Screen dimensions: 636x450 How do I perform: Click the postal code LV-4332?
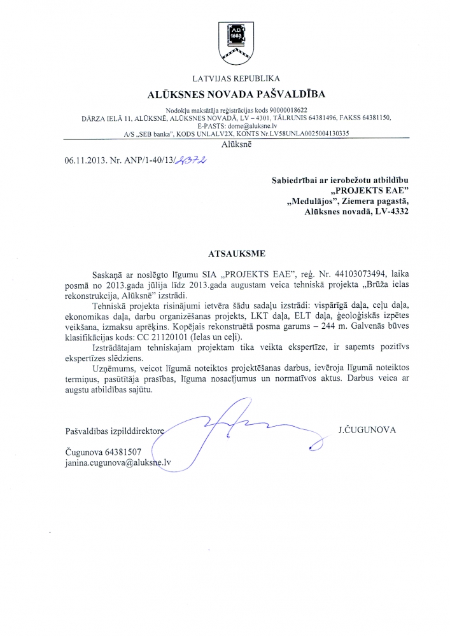[x=390, y=213]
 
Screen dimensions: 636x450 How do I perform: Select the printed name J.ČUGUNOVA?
[x=367, y=430]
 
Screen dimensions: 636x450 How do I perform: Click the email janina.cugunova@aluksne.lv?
[x=118, y=464]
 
